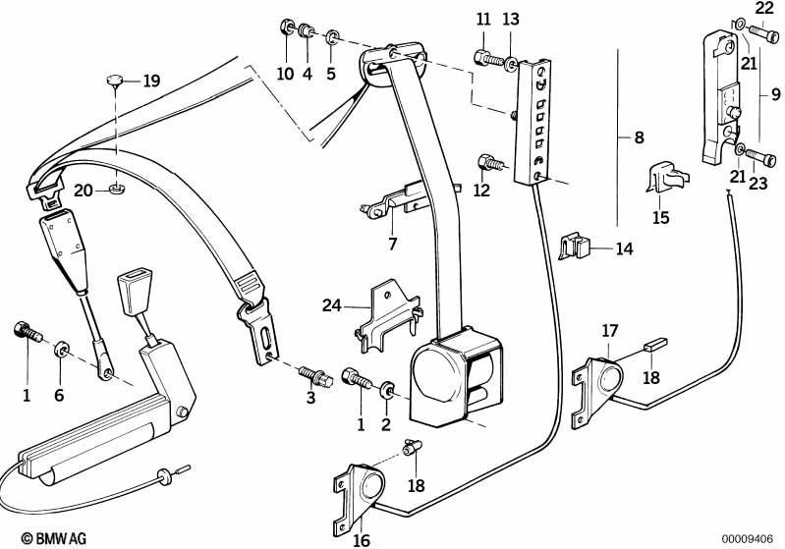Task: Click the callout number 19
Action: click(150, 81)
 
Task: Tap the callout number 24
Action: click(331, 306)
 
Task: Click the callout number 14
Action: click(625, 249)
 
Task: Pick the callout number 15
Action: click(660, 217)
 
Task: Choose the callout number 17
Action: click(610, 331)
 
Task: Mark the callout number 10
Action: click(285, 74)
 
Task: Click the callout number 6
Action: click(59, 395)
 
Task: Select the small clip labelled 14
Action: click(576, 246)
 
